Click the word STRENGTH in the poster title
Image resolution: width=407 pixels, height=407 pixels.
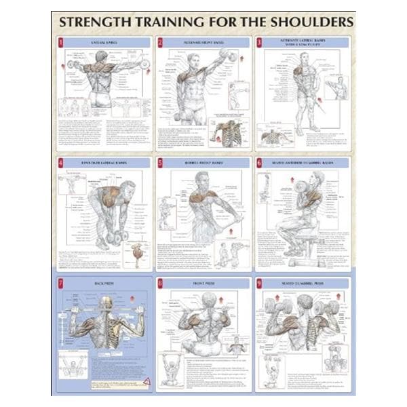96,21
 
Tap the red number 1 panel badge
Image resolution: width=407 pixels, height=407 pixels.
60,42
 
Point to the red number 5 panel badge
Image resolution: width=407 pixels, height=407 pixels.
160,163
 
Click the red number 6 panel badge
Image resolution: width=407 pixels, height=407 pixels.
259,163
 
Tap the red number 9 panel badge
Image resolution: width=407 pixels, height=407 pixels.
259,283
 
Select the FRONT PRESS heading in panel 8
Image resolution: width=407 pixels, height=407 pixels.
203,282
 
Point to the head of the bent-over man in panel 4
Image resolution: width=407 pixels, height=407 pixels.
127,188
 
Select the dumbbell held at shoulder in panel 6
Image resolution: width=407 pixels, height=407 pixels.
302,186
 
